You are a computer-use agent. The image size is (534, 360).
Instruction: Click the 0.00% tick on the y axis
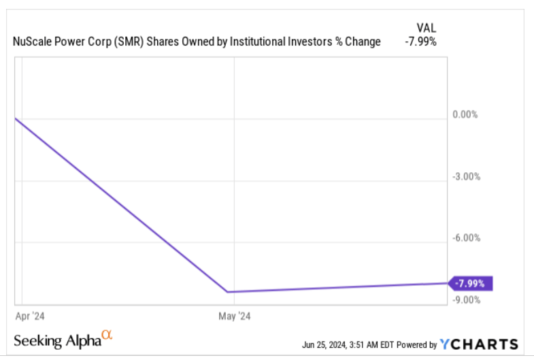[x=465, y=114]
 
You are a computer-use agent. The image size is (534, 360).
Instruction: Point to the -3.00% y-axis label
[x=466, y=176]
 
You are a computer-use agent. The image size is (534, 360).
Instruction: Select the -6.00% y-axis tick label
[x=466, y=238]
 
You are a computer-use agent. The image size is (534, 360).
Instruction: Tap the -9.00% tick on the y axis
[x=466, y=299]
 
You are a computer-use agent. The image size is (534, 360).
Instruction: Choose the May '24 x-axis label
[x=234, y=316]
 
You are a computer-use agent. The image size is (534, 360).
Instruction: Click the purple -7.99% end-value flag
[x=471, y=284]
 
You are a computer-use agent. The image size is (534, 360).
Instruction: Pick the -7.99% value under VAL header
[x=422, y=42]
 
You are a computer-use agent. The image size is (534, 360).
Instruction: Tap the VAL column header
[x=426, y=27]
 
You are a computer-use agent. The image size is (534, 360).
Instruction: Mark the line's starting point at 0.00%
[x=15, y=118]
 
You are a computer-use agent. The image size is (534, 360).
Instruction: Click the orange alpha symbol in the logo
[x=106, y=335]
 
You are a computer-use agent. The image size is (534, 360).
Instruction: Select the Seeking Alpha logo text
[x=57, y=340]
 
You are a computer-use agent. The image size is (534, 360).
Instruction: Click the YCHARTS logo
[x=479, y=344]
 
